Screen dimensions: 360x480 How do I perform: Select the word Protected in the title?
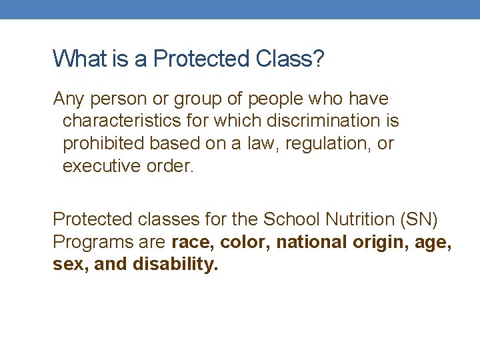[x=201, y=59]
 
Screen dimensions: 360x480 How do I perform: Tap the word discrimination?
[x=324, y=121]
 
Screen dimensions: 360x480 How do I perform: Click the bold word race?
[x=192, y=241]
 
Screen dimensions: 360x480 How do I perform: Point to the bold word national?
[x=309, y=241]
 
